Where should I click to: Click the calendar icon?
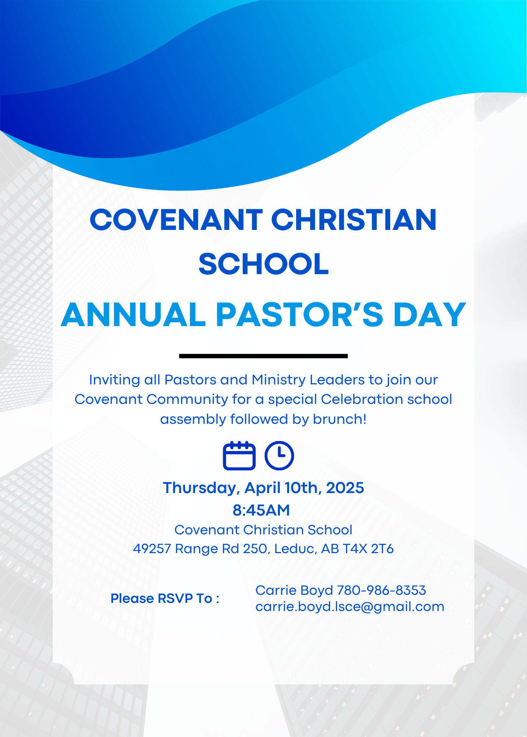pos(239,456)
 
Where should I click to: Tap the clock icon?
pos(279,456)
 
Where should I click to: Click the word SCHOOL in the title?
pos(263,264)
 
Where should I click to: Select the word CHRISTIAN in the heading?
pos(354,220)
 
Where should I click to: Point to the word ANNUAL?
pos(134,315)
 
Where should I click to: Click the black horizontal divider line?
pos(263,356)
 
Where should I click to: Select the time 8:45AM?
pos(261,510)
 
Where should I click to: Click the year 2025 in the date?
pos(345,488)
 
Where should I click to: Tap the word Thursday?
pos(199,488)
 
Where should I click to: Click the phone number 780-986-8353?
pos(382,590)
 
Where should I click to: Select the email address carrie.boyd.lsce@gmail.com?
pos(350,607)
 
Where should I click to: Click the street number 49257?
pos(152,549)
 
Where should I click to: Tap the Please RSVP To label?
pos(165,598)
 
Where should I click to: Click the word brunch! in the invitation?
pos(340,419)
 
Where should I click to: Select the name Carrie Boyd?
pos(294,590)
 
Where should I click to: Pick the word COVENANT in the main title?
pos(176,220)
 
